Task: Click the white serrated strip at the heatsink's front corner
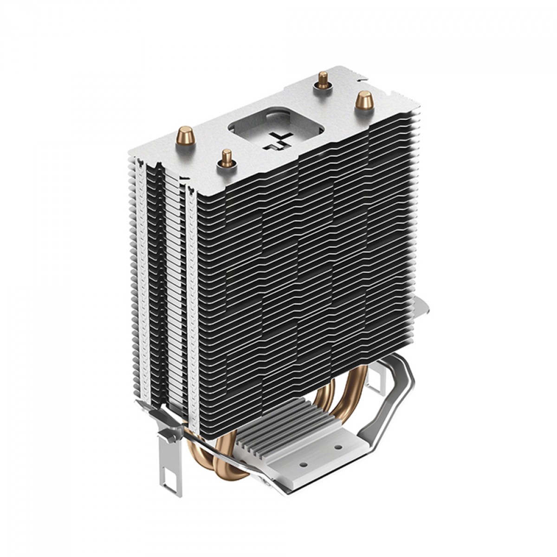click(x=192, y=302)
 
